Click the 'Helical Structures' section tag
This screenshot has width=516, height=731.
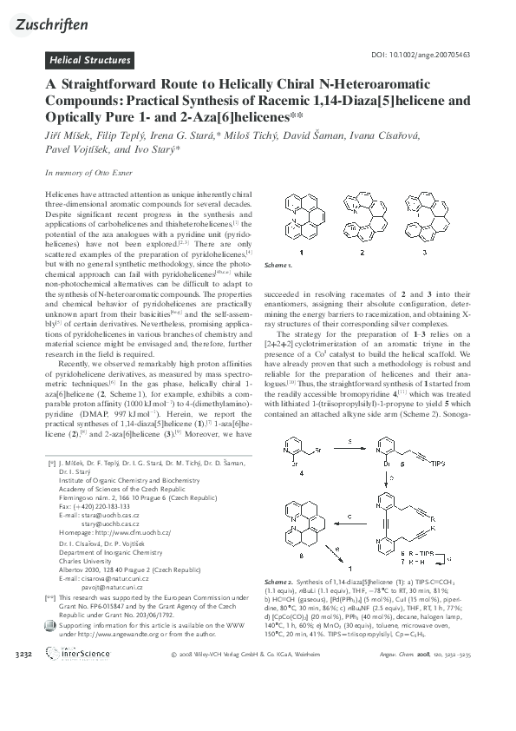click(x=89, y=61)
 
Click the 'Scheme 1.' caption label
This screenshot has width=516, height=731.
click(x=278, y=264)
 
